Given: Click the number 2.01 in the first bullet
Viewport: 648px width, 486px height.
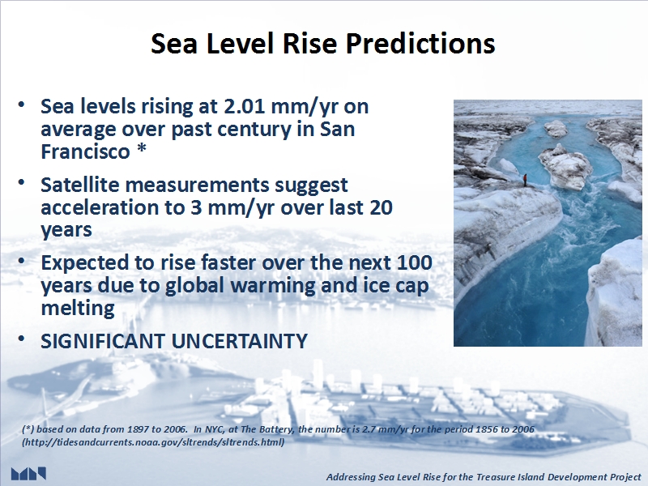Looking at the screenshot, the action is coord(245,106).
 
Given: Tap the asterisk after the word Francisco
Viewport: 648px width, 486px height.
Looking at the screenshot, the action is coord(141,150).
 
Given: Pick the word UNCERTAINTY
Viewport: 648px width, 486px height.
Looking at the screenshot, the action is coord(239,341).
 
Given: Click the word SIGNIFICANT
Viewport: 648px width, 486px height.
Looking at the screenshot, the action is coord(103,341).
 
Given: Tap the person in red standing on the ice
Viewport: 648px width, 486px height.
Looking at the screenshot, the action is coord(525,180).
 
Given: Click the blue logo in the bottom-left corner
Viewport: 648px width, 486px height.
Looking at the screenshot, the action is coord(28,473).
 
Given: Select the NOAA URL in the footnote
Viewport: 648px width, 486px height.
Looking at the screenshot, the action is coord(153,442).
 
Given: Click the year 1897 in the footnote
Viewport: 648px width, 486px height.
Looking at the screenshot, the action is coord(138,429).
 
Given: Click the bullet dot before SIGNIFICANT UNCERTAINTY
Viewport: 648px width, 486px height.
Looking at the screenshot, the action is coord(22,339).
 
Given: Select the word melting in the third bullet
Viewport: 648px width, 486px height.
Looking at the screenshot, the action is coord(78,309).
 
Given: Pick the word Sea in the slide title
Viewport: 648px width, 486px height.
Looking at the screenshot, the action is coord(174,44).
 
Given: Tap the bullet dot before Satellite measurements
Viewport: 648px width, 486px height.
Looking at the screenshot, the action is coord(22,182).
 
